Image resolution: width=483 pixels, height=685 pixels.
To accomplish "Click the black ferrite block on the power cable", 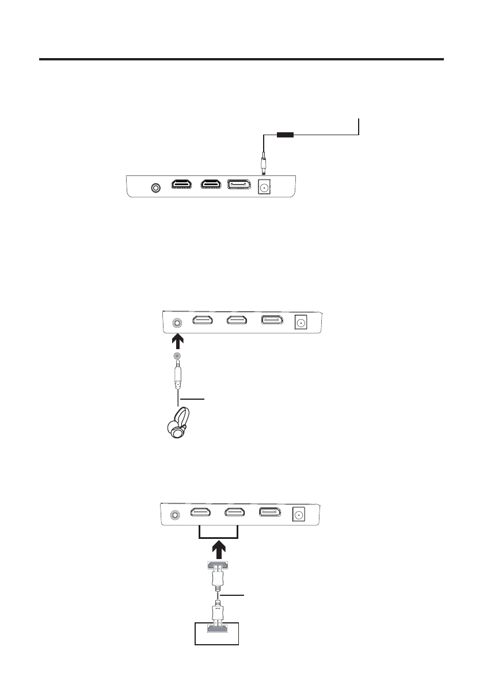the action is [x=286, y=136].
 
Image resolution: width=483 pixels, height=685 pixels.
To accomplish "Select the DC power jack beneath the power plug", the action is [x=265, y=186].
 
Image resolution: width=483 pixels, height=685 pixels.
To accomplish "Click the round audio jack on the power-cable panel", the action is [x=155, y=187].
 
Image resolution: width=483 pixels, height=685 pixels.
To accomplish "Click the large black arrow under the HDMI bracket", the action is [x=218, y=549].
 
